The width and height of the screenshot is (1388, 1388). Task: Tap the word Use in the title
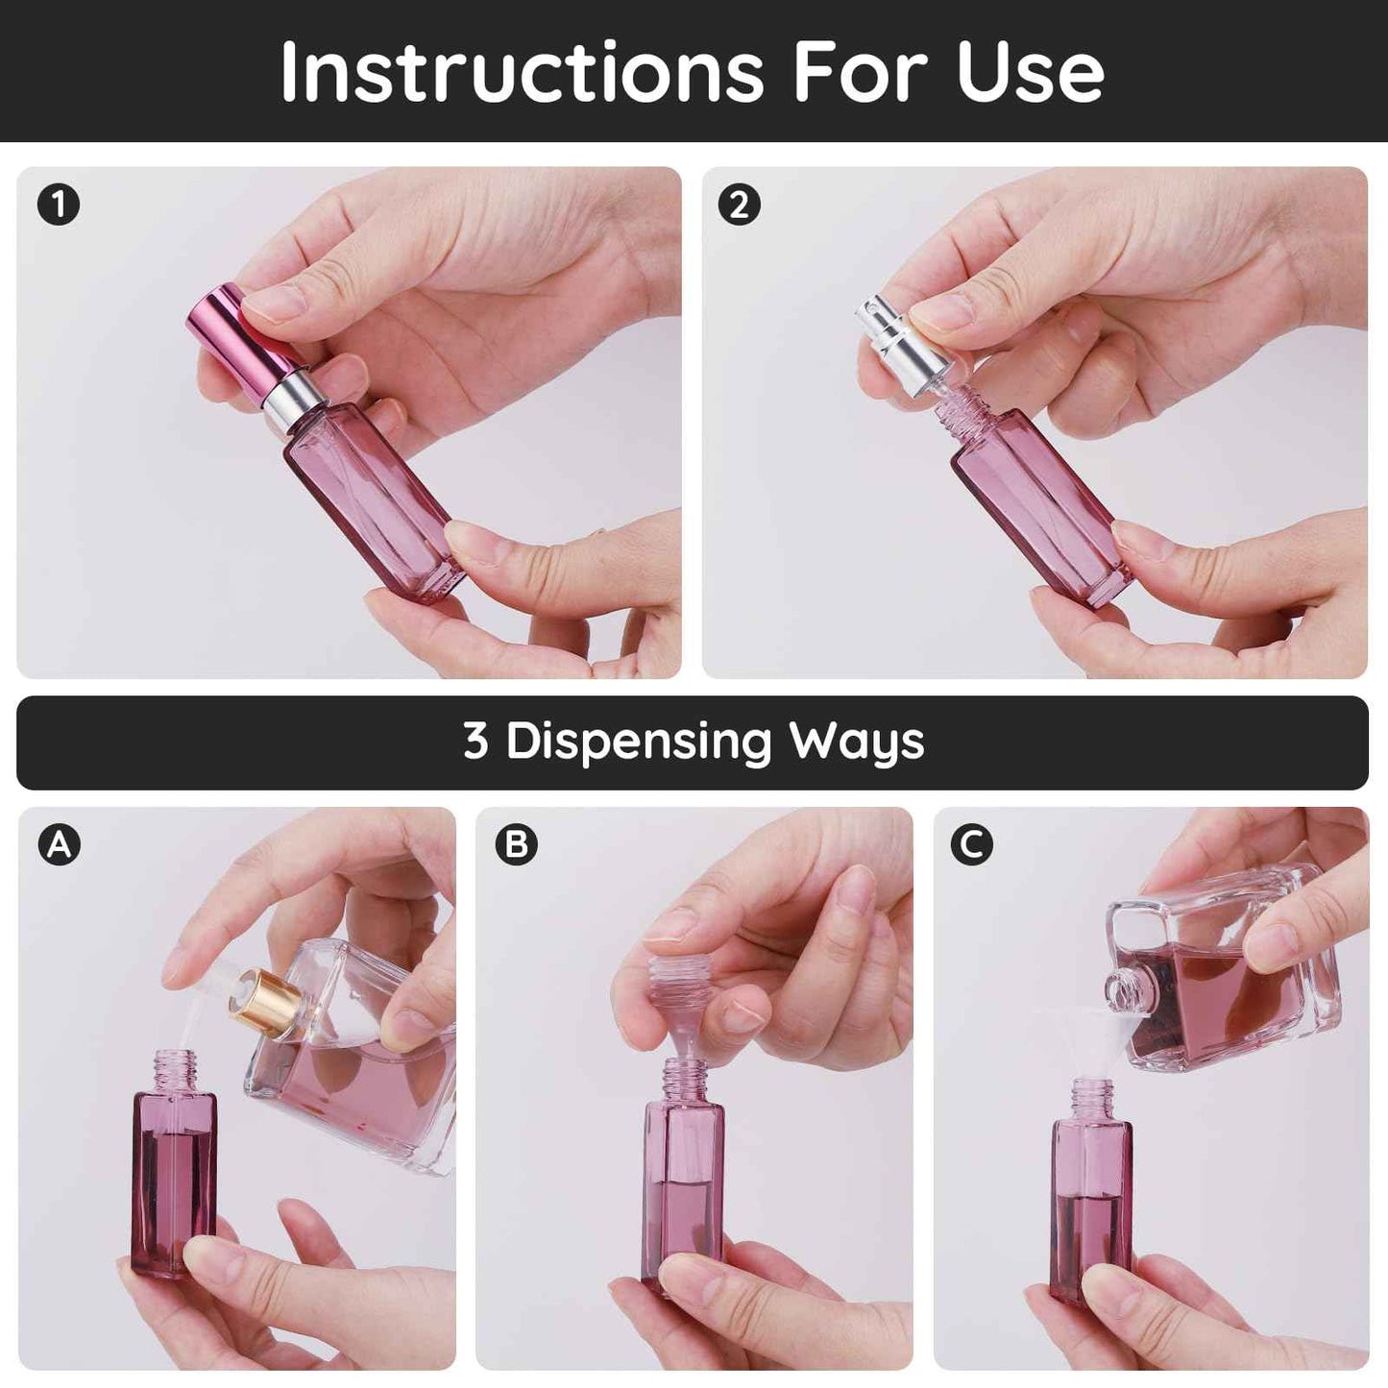click(x=1030, y=71)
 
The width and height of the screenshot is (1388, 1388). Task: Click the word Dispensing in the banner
click(x=639, y=742)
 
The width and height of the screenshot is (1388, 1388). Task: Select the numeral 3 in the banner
click(x=475, y=742)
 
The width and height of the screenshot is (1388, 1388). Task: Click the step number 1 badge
click(x=59, y=206)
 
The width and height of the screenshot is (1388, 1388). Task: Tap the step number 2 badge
click(x=740, y=206)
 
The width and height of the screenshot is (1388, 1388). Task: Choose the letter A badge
click(x=60, y=844)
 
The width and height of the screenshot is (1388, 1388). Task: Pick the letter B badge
click(x=517, y=844)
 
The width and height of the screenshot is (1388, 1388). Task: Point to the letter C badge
click(x=972, y=844)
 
